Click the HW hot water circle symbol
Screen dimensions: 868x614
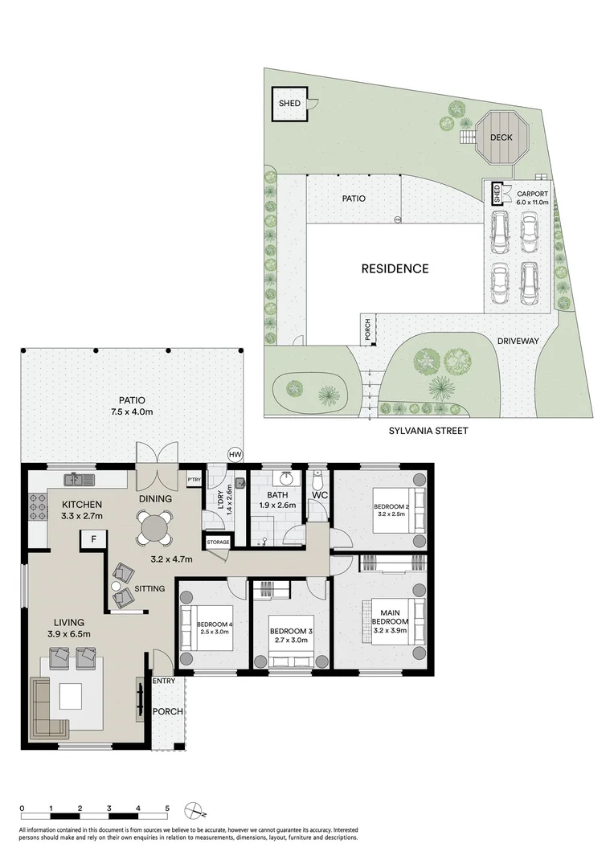(235, 454)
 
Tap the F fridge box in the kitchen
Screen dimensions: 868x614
(94, 539)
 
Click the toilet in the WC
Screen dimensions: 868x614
(317, 481)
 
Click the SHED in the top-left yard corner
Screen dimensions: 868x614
(289, 104)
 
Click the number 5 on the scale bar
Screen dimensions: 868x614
(167, 809)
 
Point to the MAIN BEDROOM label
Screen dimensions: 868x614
(391, 616)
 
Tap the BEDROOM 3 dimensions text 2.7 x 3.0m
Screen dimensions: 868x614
(290, 641)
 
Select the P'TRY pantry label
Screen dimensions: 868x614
(193, 480)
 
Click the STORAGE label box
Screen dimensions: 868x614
(218, 542)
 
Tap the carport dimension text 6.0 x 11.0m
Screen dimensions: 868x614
(532, 203)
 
